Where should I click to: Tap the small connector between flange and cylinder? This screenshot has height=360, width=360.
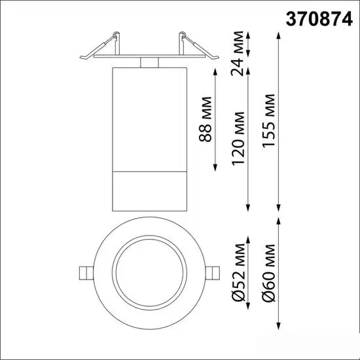click(x=149, y=63)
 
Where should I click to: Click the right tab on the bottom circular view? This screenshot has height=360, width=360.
click(x=211, y=273)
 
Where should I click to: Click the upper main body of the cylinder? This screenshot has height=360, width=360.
click(x=148, y=118)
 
